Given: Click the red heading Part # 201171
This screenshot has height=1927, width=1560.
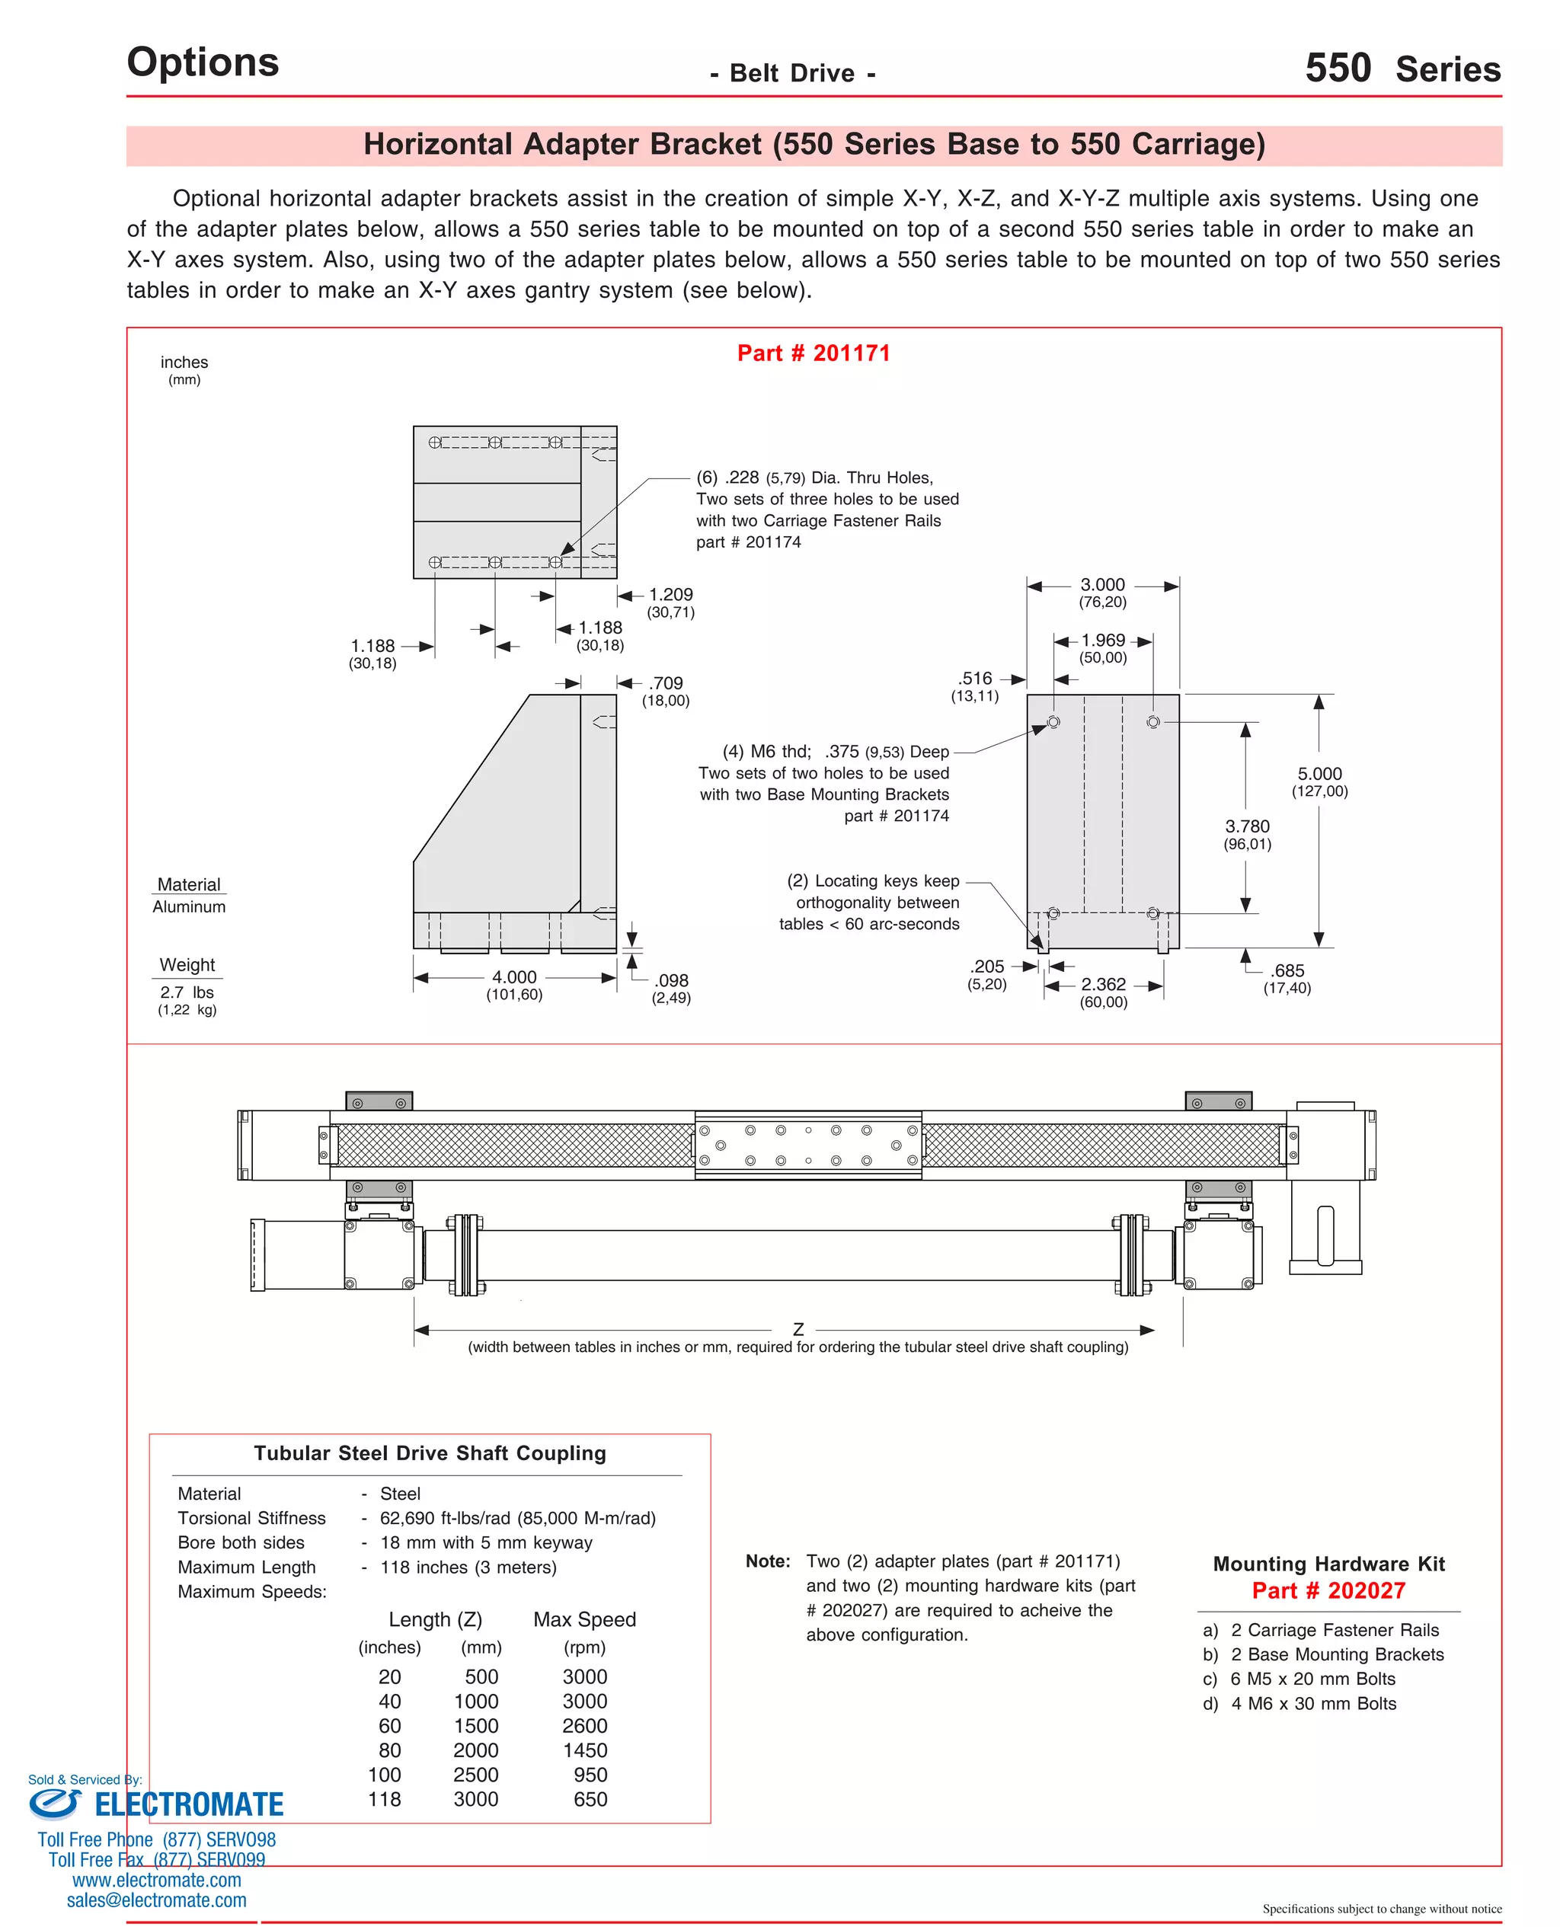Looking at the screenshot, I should pyautogui.click(x=814, y=353).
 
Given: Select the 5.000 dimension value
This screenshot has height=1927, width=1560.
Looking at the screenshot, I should pyautogui.click(x=1319, y=774).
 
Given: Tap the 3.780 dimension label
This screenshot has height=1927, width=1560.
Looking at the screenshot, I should pyautogui.click(x=1247, y=826).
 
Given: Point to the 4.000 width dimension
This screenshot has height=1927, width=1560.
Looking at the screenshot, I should pyautogui.click(x=514, y=976).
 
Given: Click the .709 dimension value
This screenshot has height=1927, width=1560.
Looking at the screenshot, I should pyautogui.click(x=666, y=682).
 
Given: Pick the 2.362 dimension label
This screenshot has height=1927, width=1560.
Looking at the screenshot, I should pyautogui.click(x=1104, y=984).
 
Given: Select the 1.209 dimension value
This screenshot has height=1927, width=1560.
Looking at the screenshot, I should pyautogui.click(x=670, y=594).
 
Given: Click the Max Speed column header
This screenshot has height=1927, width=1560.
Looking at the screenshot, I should pyautogui.click(x=584, y=1619).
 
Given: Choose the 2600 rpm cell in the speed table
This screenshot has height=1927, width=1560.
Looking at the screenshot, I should pyautogui.click(x=584, y=1725).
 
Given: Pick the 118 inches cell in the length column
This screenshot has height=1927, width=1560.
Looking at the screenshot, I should pyautogui.click(x=385, y=1798).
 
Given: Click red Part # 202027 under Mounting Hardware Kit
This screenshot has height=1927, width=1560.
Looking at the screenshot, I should pyautogui.click(x=1328, y=1590).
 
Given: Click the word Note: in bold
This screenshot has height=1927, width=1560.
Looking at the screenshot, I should pyautogui.click(x=767, y=1561).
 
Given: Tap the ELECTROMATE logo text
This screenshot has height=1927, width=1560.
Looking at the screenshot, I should pyautogui.click(x=189, y=1804).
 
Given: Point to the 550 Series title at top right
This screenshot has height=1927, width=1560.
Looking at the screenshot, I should pyautogui.click(x=1402, y=69).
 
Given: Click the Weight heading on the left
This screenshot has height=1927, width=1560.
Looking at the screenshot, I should pyautogui.click(x=187, y=964).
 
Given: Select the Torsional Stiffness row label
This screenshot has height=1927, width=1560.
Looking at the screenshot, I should pyautogui.click(x=251, y=1517).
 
